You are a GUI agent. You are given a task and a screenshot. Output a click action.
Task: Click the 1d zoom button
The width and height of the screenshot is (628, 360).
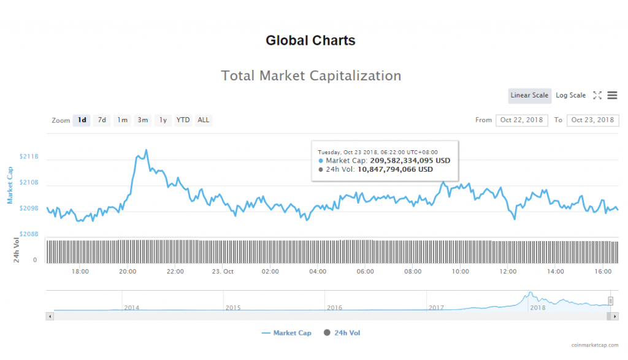[x=82, y=120]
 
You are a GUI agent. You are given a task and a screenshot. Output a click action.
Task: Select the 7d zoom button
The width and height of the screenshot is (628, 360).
[x=102, y=120]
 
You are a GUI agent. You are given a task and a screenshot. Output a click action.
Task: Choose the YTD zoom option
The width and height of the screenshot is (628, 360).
[x=183, y=120]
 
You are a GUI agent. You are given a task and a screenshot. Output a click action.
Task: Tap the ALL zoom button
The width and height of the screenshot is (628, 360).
[x=203, y=120]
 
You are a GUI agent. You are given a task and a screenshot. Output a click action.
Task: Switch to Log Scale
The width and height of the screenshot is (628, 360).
[x=570, y=96]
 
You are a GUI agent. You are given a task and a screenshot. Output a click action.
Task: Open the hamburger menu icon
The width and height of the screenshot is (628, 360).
[x=612, y=96]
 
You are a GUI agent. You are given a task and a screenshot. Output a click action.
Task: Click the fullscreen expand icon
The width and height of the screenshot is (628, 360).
[x=597, y=96]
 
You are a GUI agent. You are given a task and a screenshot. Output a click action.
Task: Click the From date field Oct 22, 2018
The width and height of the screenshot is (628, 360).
[x=522, y=120]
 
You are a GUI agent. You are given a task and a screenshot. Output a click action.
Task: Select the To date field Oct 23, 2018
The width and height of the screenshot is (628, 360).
[x=592, y=120]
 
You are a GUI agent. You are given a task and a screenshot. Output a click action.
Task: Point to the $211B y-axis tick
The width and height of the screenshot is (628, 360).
[x=29, y=157]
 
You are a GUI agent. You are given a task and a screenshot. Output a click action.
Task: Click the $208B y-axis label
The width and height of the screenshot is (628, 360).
[x=29, y=234]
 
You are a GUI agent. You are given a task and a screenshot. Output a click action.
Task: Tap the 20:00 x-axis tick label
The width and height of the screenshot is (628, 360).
[x=128, y=271]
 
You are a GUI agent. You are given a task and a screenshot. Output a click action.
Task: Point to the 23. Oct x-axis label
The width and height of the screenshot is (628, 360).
[x=223, y=271]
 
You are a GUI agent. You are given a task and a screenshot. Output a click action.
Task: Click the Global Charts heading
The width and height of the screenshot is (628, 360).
[x=310, y=41]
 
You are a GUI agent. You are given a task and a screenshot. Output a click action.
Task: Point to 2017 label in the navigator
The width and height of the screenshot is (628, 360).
[x=436, y=307]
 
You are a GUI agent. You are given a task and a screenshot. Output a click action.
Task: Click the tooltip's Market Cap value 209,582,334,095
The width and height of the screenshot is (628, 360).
[x=408, y=161]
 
